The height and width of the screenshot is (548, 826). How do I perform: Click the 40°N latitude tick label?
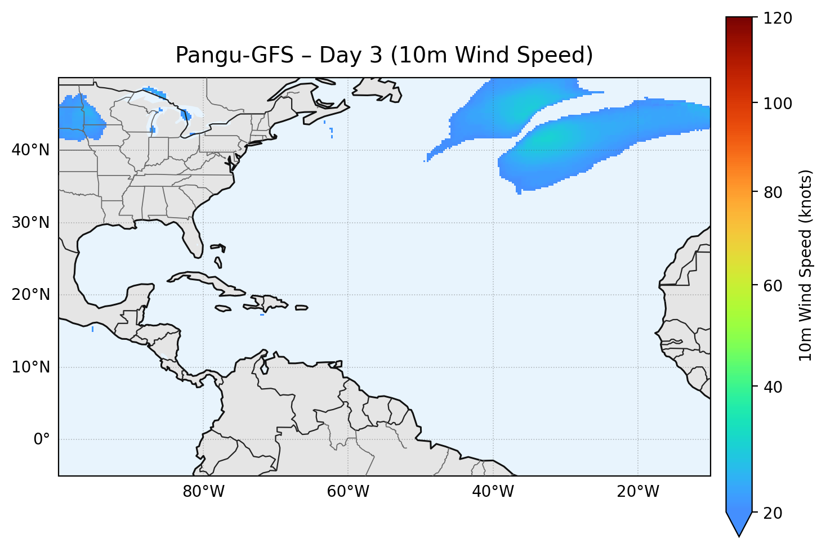click(x=30, y=150)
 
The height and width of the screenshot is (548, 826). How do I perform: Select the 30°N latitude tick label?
click(x=30, y=223)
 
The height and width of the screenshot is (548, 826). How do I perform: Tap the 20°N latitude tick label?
click(x=30, y=295)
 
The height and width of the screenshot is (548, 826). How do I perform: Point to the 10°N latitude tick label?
click(x=30, y=367)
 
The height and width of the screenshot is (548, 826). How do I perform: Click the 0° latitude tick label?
click(x=42, y=439)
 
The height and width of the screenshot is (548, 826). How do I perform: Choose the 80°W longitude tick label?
click(x=203, y=492)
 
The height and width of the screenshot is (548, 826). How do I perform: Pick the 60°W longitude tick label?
click(x=348, y=492)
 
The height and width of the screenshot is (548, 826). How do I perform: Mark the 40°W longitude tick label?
click(x=493, y=492)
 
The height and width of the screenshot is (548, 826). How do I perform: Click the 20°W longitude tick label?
click(x=638, y=492)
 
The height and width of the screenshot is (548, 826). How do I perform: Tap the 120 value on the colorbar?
click(x=778, y=19)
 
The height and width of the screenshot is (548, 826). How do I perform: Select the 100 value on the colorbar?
click(x=778, y=104)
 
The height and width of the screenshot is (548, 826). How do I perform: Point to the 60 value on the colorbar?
click(x=774, y=286)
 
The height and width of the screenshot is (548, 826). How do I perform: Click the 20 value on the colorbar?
click(x=774, y=513)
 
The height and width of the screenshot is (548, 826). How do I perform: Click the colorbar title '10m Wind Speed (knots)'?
click(x=806, y=265)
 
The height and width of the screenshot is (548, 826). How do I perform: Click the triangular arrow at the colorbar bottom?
click(x=739, y=524)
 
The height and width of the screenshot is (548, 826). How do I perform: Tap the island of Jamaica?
click(x=223, y=308)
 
